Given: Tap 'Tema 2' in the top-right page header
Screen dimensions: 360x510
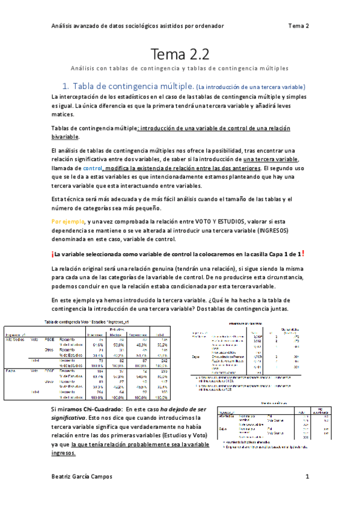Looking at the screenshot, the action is pyautogui.click(x=298, y=26).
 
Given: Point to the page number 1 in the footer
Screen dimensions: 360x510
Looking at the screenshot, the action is pyautogui.click(x=307, y=477).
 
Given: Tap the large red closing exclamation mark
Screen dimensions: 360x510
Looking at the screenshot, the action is pyautogui.click(x=304, y=253).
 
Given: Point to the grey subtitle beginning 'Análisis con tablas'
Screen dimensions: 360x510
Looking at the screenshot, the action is pyautogui.click(x=180, y=69).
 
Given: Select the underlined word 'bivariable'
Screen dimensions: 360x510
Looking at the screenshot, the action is pyautogui.click(x=66, y=137).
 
